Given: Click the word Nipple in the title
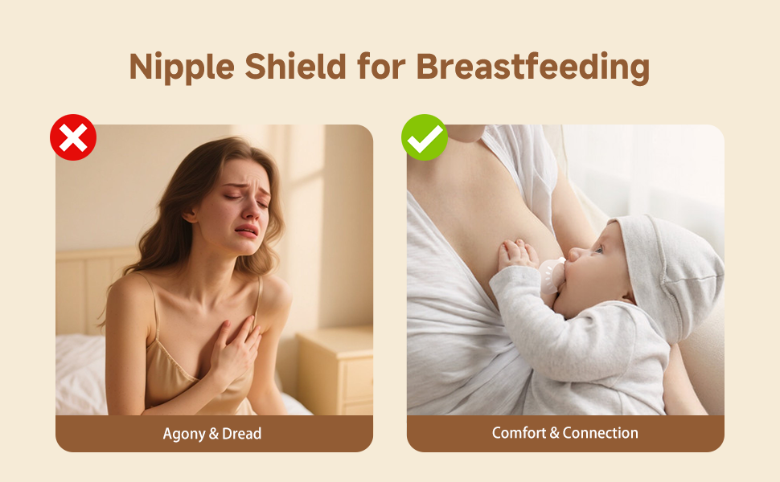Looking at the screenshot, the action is click(182, 67).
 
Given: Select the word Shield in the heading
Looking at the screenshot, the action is click(295, 66).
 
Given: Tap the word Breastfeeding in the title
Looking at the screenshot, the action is click(533, 67).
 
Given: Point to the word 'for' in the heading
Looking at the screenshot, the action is click(381, 66).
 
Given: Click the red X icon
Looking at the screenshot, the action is click(73, 137).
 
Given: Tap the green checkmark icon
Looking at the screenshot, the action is click(425, 137).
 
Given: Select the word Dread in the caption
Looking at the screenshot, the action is click(241, 433).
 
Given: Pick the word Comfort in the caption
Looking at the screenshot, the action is click(519, 433).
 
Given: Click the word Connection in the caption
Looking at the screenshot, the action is click(601, 433).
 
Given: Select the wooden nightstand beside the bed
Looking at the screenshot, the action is click(335, 370).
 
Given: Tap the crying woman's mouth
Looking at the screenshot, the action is click(247, 231).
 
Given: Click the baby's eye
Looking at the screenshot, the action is click(597, 249).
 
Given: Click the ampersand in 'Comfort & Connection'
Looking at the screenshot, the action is click(555, 433).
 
